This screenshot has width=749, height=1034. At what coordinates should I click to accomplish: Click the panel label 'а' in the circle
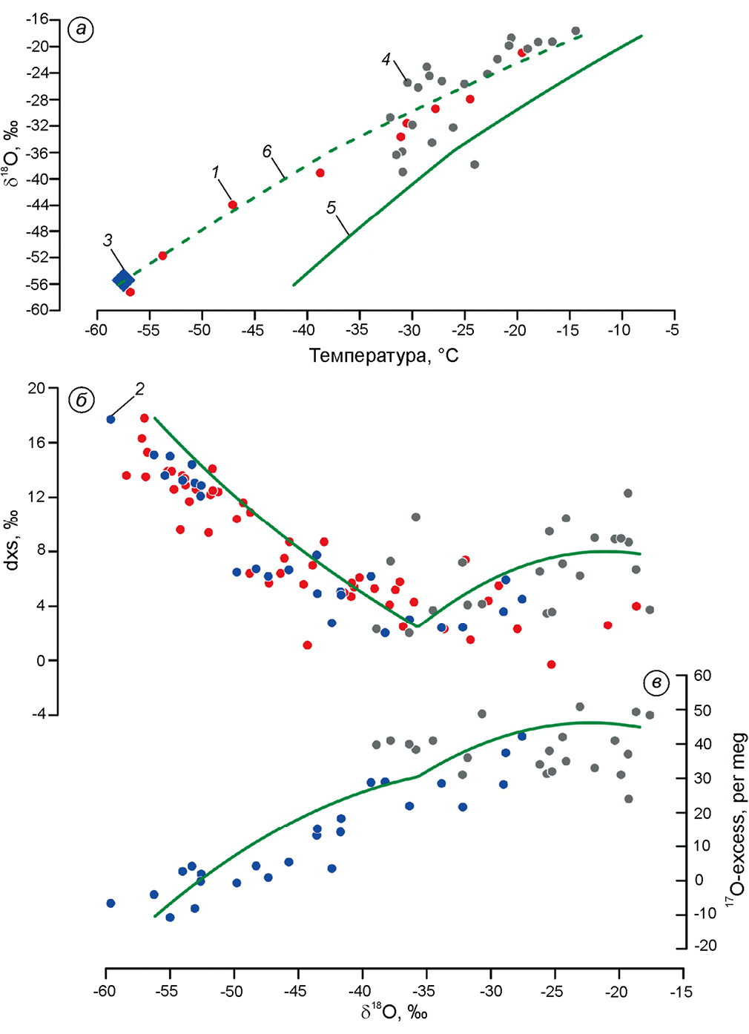[80, 30]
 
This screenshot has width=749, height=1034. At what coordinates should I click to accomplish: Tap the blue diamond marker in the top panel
[123, 280]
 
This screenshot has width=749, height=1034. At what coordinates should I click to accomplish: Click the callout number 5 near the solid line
[331, 208]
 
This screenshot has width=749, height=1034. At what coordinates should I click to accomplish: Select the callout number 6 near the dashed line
[267, 151]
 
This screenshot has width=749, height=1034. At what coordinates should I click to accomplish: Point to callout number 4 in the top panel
[386, 59]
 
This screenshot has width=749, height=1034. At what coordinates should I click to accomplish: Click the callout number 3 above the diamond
[108, 240]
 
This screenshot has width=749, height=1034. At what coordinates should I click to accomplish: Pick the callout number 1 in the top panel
[216, 172]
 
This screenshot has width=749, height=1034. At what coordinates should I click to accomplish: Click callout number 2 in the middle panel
[139, 388]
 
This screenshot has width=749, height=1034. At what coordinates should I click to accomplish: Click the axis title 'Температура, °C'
[383, 356]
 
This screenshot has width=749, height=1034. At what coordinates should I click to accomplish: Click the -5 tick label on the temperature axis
[672, 330]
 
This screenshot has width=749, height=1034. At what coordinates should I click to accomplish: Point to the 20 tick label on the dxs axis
[36, 388]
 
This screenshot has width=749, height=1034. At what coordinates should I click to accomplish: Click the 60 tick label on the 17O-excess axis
[702, 676]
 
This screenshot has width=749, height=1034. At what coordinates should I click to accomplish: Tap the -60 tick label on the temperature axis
[96, 330]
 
